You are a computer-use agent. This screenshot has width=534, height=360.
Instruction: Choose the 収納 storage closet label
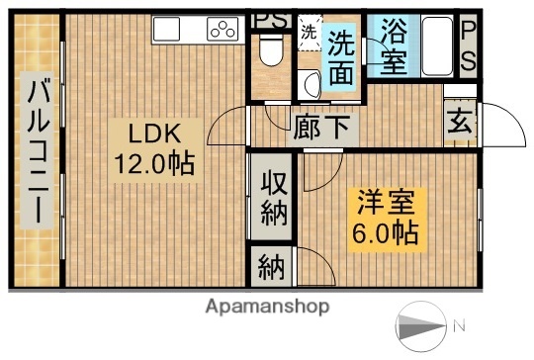272,198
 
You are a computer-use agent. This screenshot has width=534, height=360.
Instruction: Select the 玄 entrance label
461,123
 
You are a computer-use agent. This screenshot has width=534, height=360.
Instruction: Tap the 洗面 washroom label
342,56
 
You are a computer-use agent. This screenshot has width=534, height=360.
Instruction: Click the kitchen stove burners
222,31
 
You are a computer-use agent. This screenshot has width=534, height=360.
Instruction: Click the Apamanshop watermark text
266,307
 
